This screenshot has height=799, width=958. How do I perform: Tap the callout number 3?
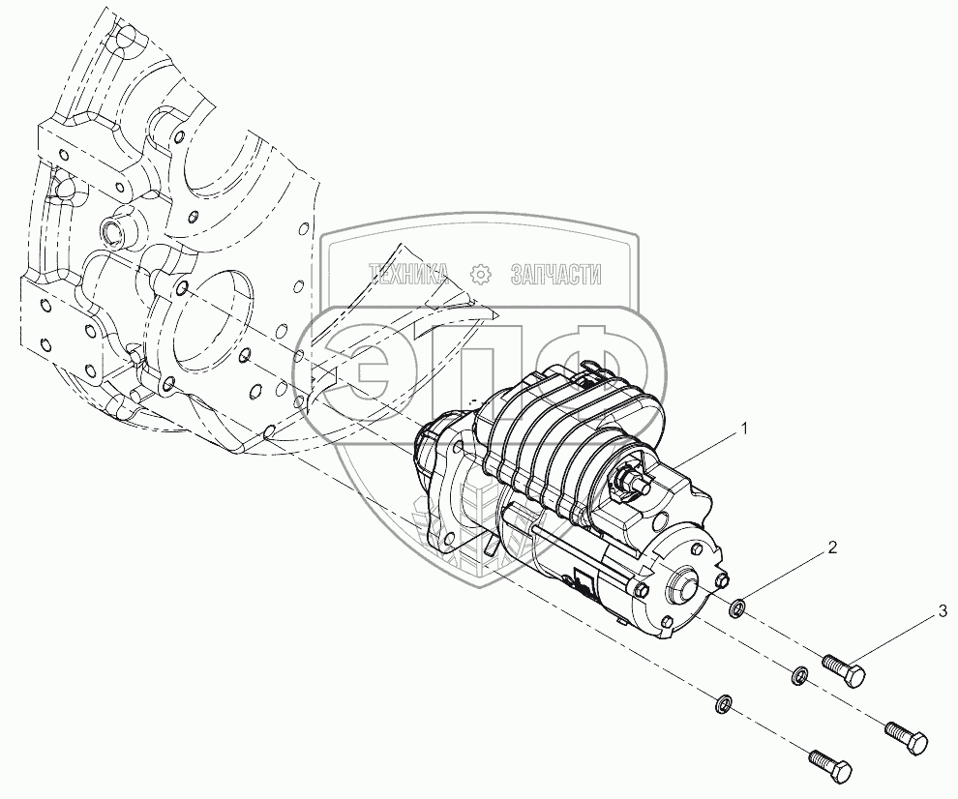click(x=941, y=611)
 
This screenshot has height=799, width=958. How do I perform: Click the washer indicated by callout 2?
click(x=736, y=608)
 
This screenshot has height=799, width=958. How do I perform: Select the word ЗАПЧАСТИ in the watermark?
click(x=554, y=276)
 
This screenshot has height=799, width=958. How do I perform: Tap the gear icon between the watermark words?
click(x=479, y=276)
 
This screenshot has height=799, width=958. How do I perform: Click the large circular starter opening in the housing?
click(x=208, y=319)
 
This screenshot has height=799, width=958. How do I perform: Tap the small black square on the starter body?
click(x=584, y=582)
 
